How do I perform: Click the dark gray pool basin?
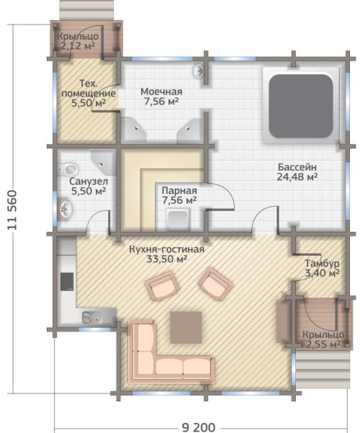[x=301, y=106]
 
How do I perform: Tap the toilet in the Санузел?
[x=68, y=169]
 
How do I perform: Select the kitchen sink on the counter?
[x=91, y=317]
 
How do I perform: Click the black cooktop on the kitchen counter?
[x=67, y=282]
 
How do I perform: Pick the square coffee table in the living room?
[x=186, y=328]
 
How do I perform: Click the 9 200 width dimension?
[x=199, y=427]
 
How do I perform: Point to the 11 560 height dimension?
[x=13, y=210]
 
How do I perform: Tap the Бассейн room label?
[x=297, y=167]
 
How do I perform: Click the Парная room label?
[x=179, y=190]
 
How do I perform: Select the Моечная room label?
[x=161, y=91]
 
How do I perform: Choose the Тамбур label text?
[x=322, y=264]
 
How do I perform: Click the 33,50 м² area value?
[x=167, y=259]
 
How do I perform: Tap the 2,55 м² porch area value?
[x=323, y=344]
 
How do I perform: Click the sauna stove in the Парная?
[x=179, y=220]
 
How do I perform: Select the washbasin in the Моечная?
[x=199, y=71]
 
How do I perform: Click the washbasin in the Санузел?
[x=66, y=208]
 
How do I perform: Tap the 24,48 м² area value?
[x=297, y=177]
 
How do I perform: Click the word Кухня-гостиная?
[x=167, y=249]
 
